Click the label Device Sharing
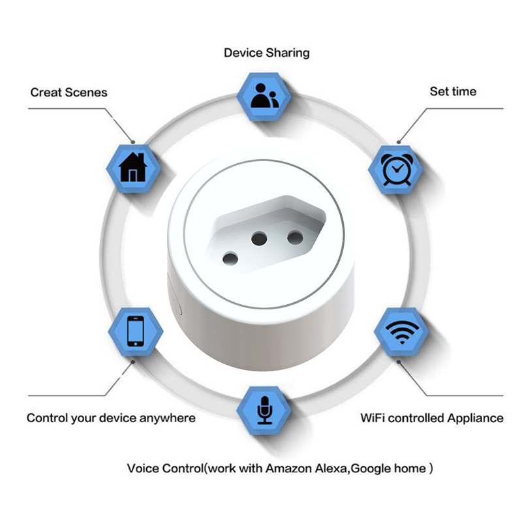tap(266, 53)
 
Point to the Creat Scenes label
tap(69, 92)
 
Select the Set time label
tap(453, 91)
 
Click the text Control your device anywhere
tap(111, 418)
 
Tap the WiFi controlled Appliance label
tap(432, 418)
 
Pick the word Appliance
tap(474, 418)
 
